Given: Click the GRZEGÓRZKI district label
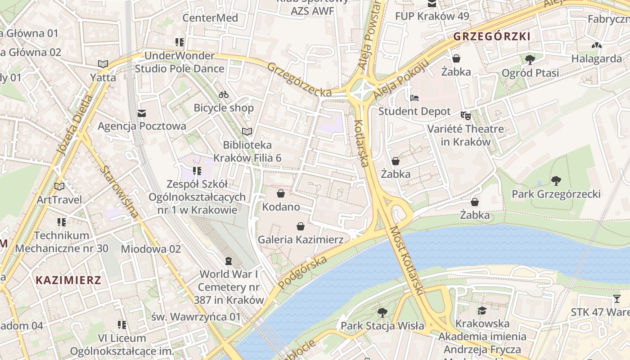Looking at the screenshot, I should [x=492, y=36].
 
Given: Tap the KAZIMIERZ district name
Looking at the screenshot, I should [x=68, y=280].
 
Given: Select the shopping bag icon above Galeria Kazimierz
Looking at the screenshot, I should [x=301, y=226].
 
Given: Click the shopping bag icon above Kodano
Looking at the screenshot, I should [x=281, y=193].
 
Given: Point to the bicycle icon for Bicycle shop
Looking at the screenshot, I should [x=224, y=94].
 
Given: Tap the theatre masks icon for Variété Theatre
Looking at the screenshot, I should [x=465, y=116].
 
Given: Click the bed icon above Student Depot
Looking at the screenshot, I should [x=414, y=98].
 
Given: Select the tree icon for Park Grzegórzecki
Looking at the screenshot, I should [x=556, y=181].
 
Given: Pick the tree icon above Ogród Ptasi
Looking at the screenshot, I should [x=530, y=59].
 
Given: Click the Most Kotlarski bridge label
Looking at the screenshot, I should [x=407, y=261].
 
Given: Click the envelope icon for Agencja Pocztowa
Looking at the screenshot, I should [x=142, y=113].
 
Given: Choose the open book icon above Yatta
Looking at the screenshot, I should [x=103, y=64].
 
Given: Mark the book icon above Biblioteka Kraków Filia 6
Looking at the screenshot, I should [x=247, y=131].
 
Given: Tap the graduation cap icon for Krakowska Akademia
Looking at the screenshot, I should [x=482, y=310].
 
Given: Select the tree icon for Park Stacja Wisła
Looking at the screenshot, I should [x=382, y=312].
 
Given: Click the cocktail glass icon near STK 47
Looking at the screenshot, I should [x=616, y=299].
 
